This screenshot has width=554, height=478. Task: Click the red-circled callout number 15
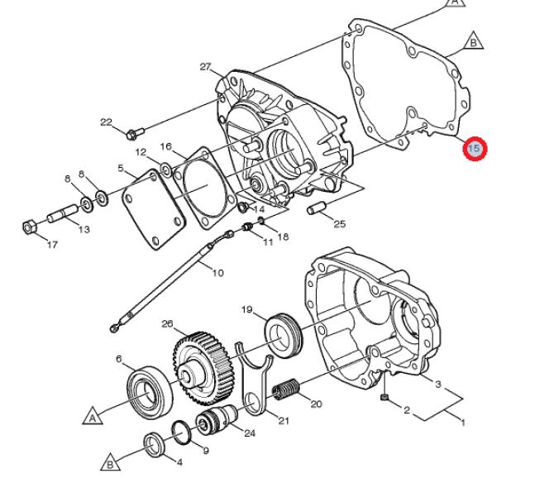(475, 148)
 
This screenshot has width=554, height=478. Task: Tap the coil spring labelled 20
(286, 390)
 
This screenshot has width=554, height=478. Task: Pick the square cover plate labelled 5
(154, 209)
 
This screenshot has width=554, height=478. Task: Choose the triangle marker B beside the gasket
(474, 41)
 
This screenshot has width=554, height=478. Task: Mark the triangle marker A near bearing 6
(93, 416)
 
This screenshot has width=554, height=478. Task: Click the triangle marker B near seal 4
(110, 462)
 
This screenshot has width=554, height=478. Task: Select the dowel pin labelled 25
(315, 208)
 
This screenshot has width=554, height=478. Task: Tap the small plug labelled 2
(384, 398)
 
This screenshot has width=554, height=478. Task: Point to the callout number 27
(205, 66)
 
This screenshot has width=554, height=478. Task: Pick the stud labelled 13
(63, 213)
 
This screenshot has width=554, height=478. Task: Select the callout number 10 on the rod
(218, 273)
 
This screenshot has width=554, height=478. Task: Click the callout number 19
(247, 309)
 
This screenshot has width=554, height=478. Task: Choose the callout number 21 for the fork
(284, 420)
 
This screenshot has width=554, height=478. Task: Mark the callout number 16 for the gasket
(165, 146)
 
